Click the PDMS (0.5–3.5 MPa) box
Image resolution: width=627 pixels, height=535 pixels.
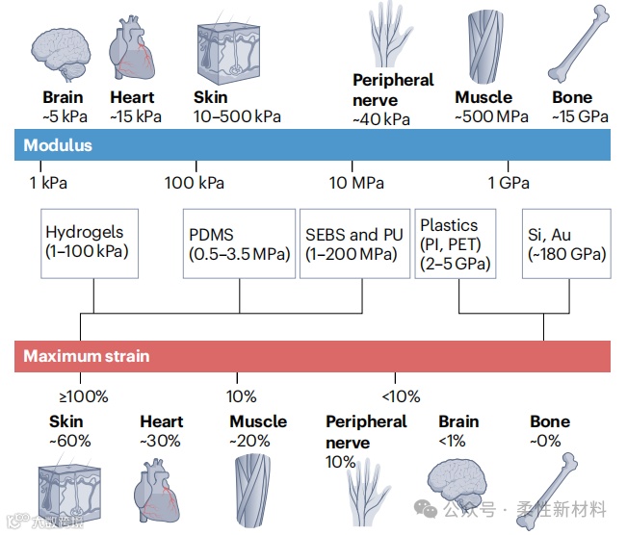point(239,244)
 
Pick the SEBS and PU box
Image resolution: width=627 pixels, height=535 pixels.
point(353,244)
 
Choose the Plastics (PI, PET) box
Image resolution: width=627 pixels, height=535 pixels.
point(455,244)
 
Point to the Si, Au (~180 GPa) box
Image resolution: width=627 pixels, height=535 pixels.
point(566,244)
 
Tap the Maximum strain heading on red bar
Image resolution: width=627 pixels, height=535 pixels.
point(87,356)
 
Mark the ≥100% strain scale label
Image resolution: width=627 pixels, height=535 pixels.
point(84,396)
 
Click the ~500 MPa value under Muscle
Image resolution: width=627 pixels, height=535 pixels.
point(491,117)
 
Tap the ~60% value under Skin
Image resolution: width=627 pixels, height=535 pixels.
point(70,441)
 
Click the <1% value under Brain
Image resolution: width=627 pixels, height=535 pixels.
point(452,441)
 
